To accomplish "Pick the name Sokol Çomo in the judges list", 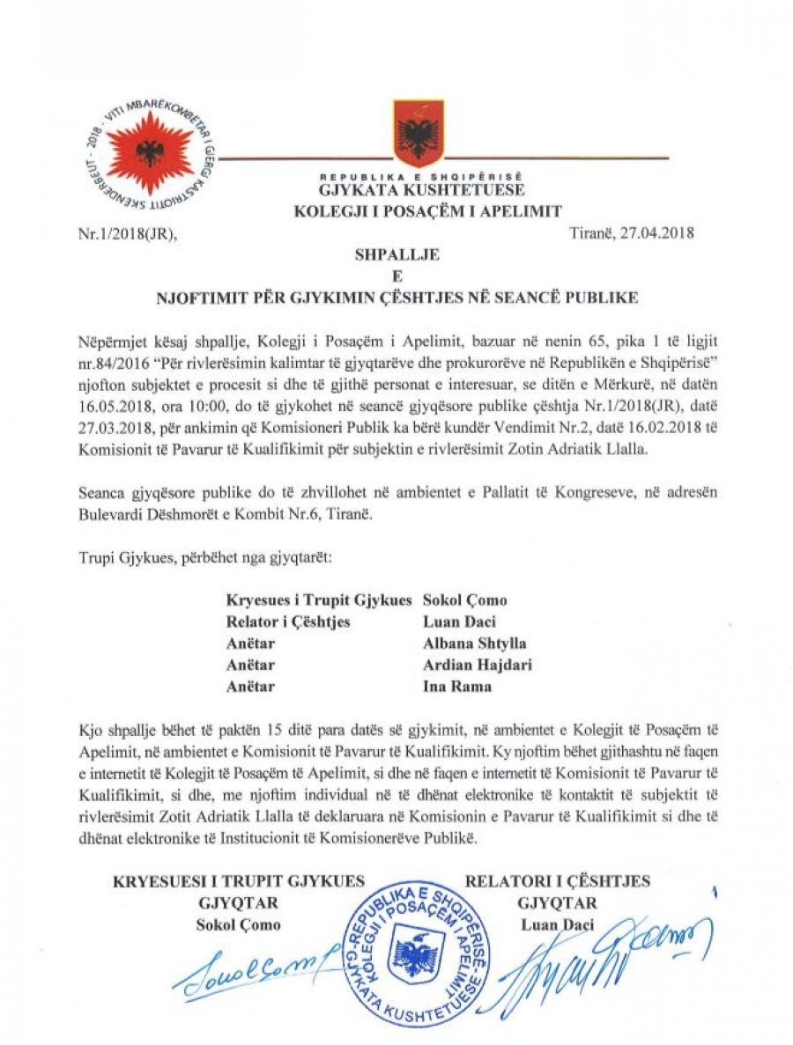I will coord(465,600).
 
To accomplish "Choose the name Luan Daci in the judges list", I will coord(456,622).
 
